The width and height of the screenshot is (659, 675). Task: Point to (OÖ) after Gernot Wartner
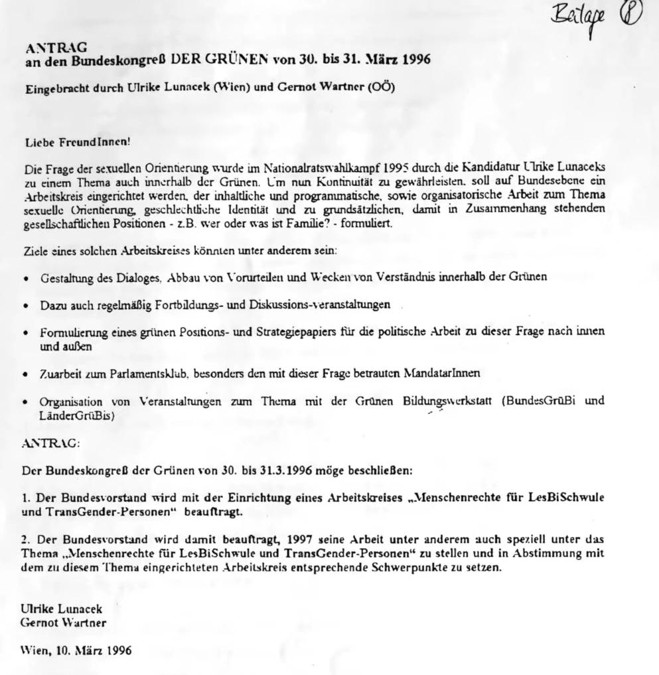click(x=380, y=87)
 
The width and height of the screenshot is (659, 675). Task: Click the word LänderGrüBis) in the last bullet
click(x=77, y=416)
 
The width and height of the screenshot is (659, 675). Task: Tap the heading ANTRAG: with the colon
click(x=50, y=443)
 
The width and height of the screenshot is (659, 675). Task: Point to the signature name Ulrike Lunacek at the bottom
click(x=62, y=608)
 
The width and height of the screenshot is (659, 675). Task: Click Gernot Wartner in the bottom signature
click(x=63, y=623)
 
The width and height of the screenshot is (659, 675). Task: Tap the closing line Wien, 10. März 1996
click(x=76, y=650)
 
